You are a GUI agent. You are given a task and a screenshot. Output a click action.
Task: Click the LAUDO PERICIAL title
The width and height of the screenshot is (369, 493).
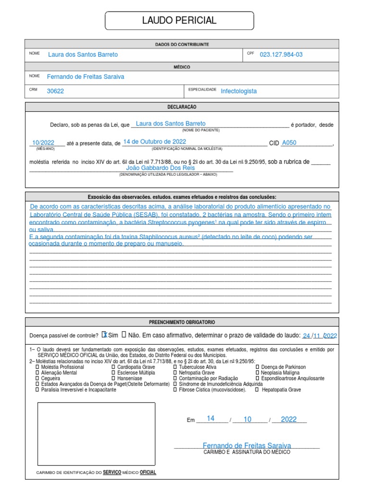pos(179,21)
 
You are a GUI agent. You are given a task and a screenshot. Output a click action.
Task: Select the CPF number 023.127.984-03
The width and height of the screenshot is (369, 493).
pos(281,54)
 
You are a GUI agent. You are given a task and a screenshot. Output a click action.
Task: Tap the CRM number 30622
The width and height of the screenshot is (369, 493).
pos(55,91)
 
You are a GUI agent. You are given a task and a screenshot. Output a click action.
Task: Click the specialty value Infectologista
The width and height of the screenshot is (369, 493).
pos(239,91)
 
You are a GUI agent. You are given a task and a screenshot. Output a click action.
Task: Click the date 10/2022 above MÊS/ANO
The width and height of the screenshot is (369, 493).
pos(43,143)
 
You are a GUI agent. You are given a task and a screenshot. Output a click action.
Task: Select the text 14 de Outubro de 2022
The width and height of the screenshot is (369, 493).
pos(154,142)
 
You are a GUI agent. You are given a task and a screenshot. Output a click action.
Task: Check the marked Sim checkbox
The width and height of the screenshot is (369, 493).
pos(105,335)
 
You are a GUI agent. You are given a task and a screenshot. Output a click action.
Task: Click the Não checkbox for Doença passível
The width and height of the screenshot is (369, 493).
pos(124,335)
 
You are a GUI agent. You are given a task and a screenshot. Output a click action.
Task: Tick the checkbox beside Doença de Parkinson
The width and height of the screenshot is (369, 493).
pos(258,367)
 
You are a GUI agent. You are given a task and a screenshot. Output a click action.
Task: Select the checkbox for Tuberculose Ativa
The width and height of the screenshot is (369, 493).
pos(174,367)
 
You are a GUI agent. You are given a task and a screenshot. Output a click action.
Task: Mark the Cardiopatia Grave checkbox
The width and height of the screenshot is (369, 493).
pos(113,367)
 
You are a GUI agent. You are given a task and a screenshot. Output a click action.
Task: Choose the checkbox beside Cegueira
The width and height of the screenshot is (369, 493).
pos(37,378)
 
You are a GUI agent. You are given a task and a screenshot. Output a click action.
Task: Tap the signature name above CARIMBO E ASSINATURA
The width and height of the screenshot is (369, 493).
pos(246,445)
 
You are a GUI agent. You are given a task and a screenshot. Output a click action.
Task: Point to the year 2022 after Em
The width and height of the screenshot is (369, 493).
pos(289,419)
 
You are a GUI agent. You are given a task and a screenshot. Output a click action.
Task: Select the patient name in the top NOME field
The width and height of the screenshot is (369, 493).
pos(83,54)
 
